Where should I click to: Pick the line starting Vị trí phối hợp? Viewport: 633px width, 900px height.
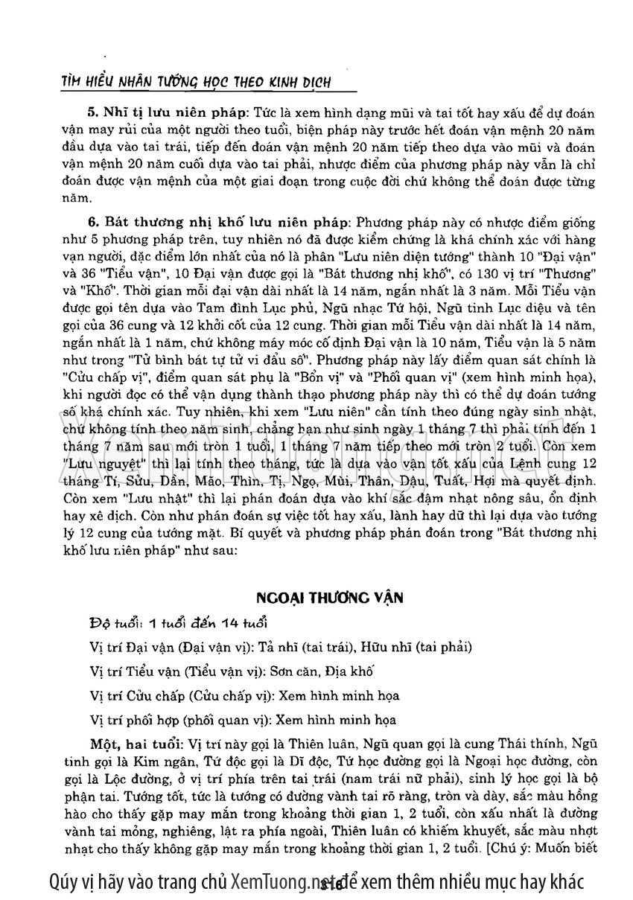tap(243, 720)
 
